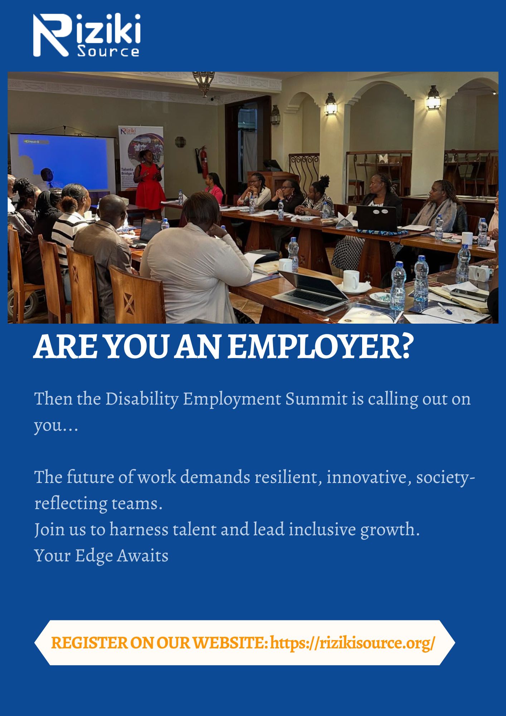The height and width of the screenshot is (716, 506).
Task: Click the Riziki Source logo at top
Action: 87,35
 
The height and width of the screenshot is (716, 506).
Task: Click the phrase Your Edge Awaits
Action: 101,556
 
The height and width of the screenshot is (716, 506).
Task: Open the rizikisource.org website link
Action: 352,643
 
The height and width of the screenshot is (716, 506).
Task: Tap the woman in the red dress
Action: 150,185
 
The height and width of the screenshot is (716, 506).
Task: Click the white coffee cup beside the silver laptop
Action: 351,280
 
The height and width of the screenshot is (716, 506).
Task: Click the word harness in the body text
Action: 139,529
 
